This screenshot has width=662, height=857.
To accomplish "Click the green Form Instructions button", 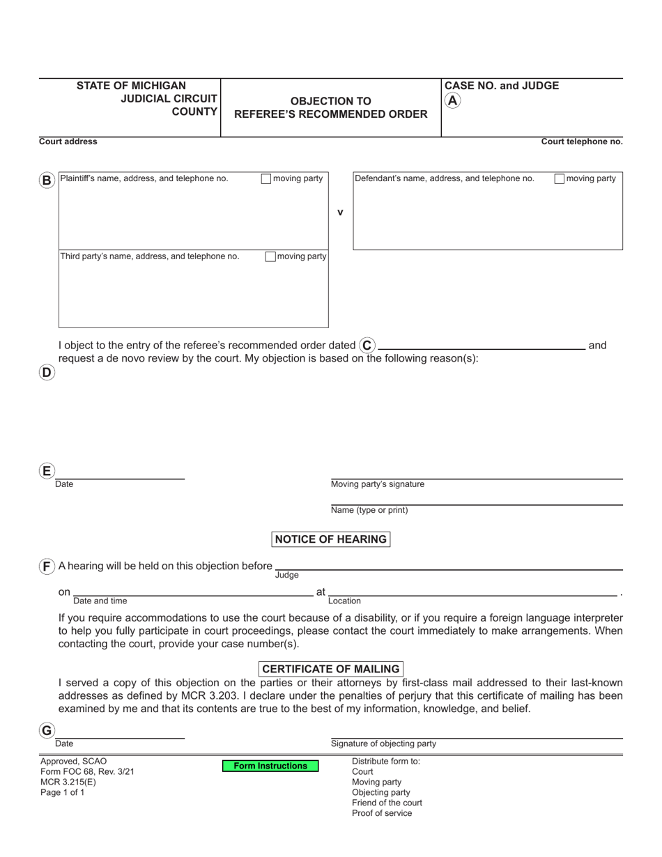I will (270, 766).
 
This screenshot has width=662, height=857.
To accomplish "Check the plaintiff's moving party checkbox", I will (265, 179).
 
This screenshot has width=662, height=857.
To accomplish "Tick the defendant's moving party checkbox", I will (559, 179).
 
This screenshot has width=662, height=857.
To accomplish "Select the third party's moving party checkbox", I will (270, 256).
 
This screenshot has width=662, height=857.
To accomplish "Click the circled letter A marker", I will (453, 100).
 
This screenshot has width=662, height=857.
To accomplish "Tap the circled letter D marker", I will (47, 372).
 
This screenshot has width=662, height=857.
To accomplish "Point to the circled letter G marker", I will (47, 731).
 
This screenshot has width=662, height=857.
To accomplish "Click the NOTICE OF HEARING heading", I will (330, 539).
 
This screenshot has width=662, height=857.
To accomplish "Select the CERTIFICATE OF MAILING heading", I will (330, 669).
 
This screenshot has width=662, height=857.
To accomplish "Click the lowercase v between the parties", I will (340, 213).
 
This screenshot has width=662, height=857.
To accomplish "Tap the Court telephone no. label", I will (582, 141).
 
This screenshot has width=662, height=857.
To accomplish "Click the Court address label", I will (68, 141).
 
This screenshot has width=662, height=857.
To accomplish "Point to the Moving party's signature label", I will (377, 484).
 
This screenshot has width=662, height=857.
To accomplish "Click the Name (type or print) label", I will (369, 510).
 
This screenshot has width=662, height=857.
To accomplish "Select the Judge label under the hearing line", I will (286, 575).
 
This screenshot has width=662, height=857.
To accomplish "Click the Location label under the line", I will (344, 601).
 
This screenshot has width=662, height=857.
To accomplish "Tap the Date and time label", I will (100, 601).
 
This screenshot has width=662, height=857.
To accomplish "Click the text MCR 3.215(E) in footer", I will (68, 782).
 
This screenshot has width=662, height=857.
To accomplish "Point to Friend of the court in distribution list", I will (387, 803).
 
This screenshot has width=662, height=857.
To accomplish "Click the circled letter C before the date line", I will (367, 345).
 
